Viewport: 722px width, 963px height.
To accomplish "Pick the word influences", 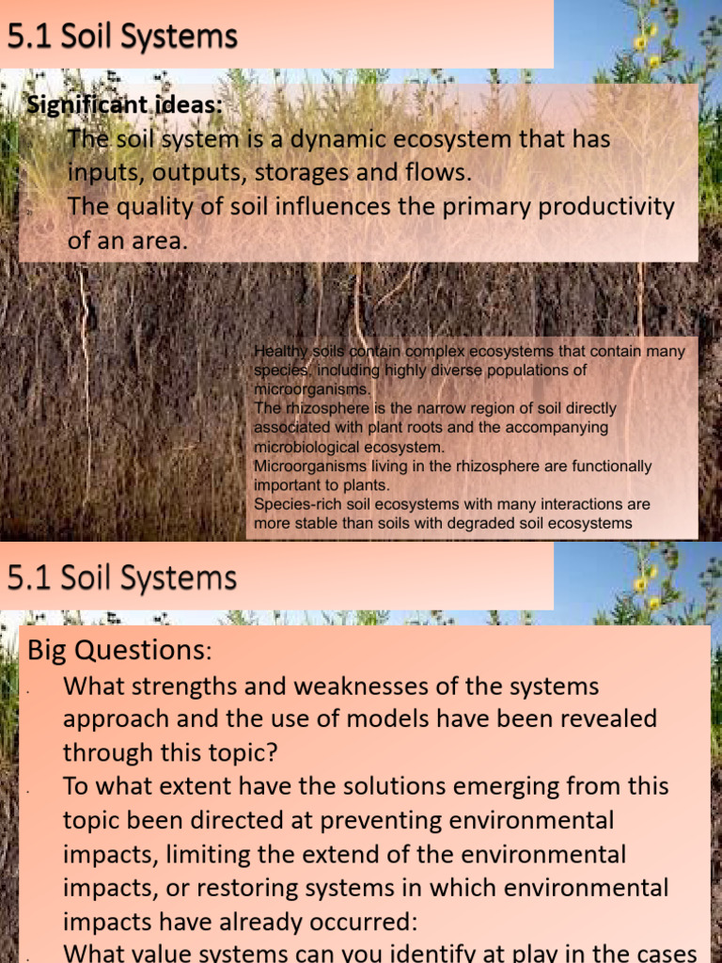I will pos(332,207).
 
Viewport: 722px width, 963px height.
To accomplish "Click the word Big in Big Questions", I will pos(47,649).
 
